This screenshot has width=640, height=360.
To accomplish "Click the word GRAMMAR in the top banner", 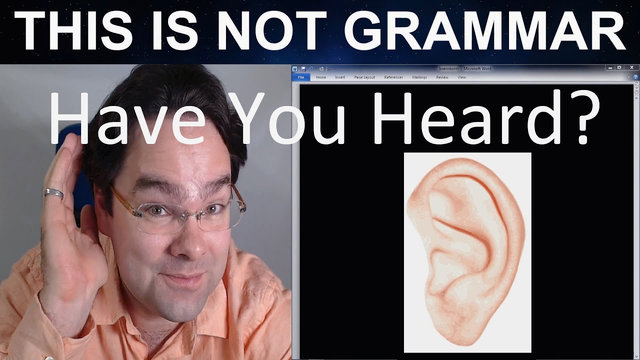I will coord(485,31).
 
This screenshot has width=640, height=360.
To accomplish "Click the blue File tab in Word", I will coord(301,77).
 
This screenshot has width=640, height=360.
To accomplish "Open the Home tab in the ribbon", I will coord(321,77).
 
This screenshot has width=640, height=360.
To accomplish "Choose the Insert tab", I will coord(340,77).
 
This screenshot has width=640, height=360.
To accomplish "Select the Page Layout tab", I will coord(364,77).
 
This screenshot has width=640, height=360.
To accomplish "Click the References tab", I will coord(393,77).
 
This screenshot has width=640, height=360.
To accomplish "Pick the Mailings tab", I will coord(419,77).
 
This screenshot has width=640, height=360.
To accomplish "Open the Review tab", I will coord(442,77).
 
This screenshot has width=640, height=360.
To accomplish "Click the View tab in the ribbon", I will coord(462,77).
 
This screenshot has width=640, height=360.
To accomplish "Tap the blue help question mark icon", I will coord(635,77).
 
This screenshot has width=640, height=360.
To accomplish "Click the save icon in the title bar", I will coord(303,68).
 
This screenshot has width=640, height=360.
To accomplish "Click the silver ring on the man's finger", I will coord(54,193).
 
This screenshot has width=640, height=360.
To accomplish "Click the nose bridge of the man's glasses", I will coord(186,212).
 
